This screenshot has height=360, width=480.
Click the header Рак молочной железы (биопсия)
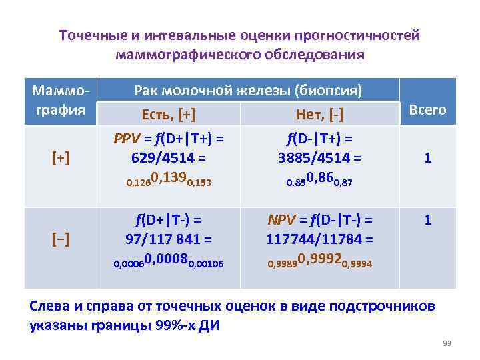[248, 90]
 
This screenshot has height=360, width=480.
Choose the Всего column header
[427, 109]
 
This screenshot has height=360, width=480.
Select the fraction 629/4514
[163, 159]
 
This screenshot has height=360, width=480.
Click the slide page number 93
[447, 343]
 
